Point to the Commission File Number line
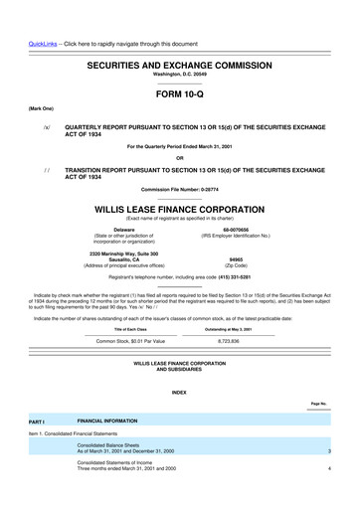tap(179, 189)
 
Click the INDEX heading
tap(179, 393)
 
